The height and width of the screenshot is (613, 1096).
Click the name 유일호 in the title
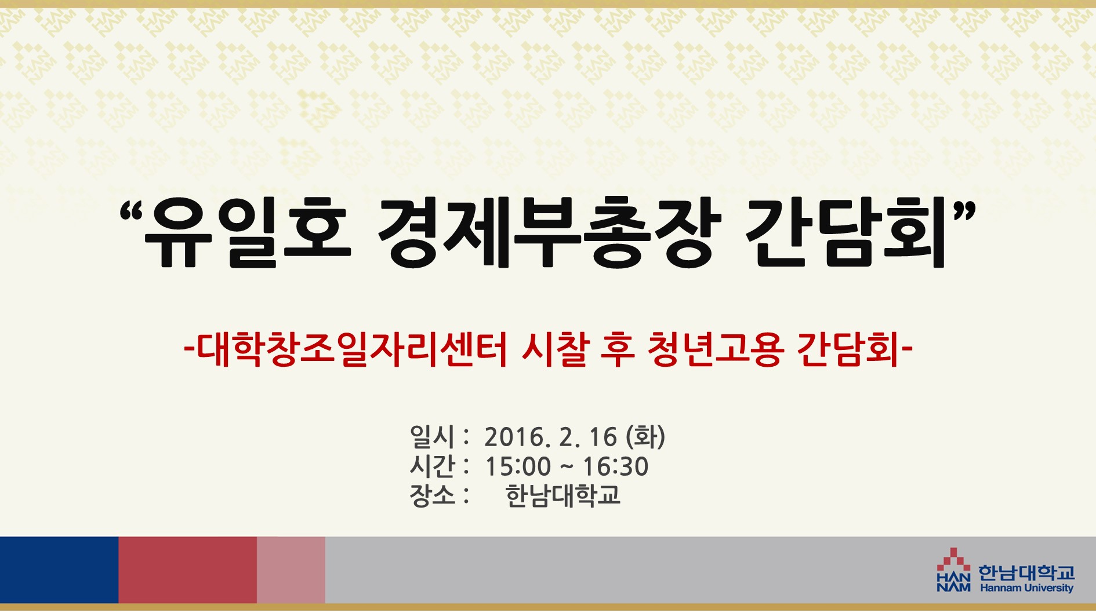(x=248, y=232)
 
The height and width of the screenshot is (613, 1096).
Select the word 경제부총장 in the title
(x=550, y=232)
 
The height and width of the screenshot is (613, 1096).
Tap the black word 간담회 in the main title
(x=845, y=232)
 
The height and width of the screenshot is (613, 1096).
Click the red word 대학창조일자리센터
(x=353, y=349)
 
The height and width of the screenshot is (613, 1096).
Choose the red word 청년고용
(x=716, y=349)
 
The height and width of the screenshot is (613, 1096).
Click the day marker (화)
(x=645, y=437)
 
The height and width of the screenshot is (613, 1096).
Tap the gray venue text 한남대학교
(x=562, y=495)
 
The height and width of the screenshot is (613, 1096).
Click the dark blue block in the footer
(x=59, y=570)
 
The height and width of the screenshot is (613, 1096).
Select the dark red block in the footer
(x=188, y=570)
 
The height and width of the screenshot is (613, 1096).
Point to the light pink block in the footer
(x=291, y=570)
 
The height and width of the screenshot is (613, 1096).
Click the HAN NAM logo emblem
(x=953, y=570)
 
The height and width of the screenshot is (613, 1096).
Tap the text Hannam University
(x=1026, y=588)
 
